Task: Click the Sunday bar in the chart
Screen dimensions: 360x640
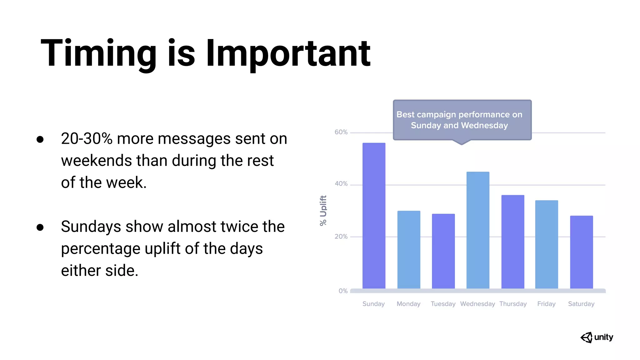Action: [x=374, y=216]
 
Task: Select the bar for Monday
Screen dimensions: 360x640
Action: [x=409, y=250]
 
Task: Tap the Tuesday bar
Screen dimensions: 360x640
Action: [x=443, y=251]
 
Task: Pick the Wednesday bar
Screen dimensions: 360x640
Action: [x=478, y=230]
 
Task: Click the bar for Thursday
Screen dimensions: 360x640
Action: [x=513, y=242]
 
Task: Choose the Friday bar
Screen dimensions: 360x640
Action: [x=547, y=244]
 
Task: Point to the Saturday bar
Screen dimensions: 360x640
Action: [x=581, y=252]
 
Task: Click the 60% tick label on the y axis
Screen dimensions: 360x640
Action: [x=341, y=132]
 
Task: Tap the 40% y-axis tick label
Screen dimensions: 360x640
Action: [x=341, y=184]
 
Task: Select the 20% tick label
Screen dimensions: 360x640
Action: [x=341, y=237]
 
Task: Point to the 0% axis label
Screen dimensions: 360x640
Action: [x=343, y=291]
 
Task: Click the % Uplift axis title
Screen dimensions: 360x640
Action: [x=323, y=210]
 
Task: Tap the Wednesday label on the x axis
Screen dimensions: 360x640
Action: [x=477, y=304]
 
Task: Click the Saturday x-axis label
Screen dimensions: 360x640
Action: [x=581, y=304]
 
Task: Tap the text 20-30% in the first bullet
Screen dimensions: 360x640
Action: [x=87, y=139]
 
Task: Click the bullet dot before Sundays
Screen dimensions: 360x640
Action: [x=40, y=227]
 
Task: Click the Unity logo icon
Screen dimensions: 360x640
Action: [x=587, y=337]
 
